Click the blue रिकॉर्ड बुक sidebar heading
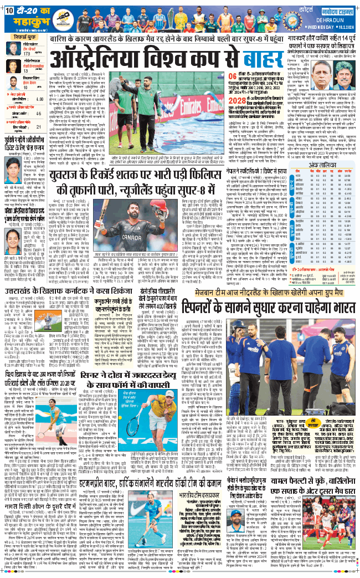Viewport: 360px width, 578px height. coord(25,40)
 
